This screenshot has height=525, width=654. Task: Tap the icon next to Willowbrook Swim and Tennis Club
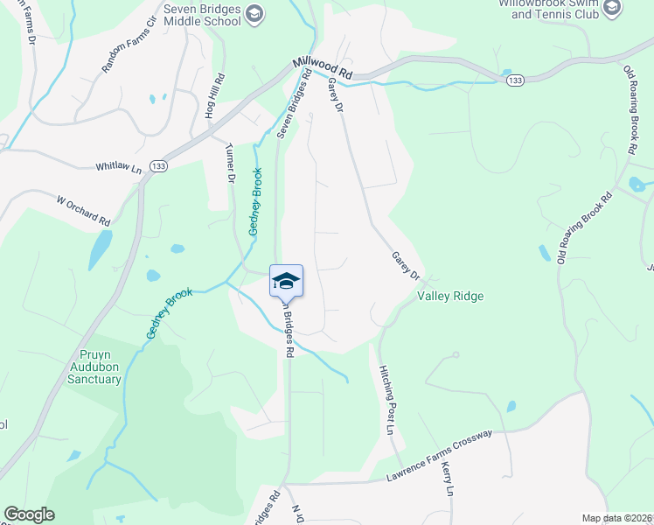coord(612,7)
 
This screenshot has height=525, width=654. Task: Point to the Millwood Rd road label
coord(322,69)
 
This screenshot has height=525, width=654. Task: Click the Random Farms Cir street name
coord(128,48)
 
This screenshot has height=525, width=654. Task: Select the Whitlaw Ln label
coord(118,165)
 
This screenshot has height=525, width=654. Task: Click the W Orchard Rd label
coord(84,209)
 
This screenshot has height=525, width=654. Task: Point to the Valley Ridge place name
coord(450,297)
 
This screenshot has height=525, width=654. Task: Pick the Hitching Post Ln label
coord(385,401)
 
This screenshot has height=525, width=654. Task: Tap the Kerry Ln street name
coord(448,479)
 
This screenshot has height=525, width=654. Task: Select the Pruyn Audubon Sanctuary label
coord(95,367)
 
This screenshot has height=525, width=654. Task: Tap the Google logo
coord(29,514)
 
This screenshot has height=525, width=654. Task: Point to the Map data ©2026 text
coord(616,518)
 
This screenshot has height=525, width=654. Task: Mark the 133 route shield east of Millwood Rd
coord(515,80)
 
